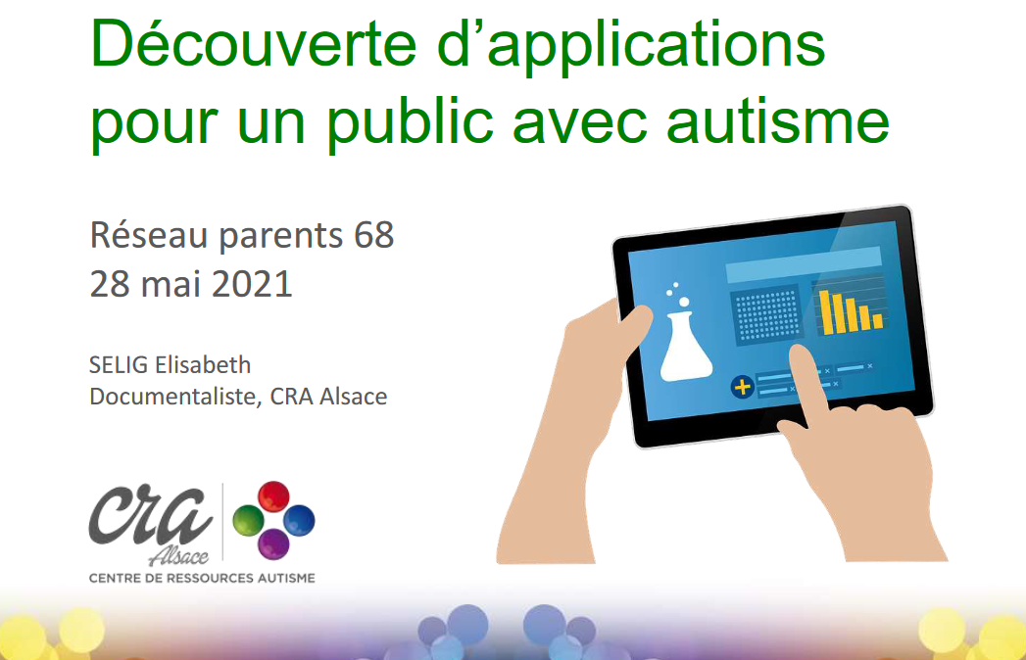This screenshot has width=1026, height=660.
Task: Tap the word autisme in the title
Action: point(777,121)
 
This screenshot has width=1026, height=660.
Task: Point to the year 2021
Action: point(252,284)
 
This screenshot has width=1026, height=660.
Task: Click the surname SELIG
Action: point(119,365)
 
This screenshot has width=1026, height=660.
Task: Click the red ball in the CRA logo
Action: point(273,495)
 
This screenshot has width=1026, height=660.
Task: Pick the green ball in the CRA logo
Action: point(249,521)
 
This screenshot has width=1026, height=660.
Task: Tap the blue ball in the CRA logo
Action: point(299,521)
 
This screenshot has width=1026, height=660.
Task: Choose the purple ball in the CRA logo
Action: point(273,544)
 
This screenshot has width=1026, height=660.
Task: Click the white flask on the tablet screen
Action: point(685,347)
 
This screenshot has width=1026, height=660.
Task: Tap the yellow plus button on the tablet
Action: point(742,387)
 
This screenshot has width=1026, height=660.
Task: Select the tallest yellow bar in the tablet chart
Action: point(826,312)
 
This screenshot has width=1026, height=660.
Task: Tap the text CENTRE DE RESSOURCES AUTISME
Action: point(202,579)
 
